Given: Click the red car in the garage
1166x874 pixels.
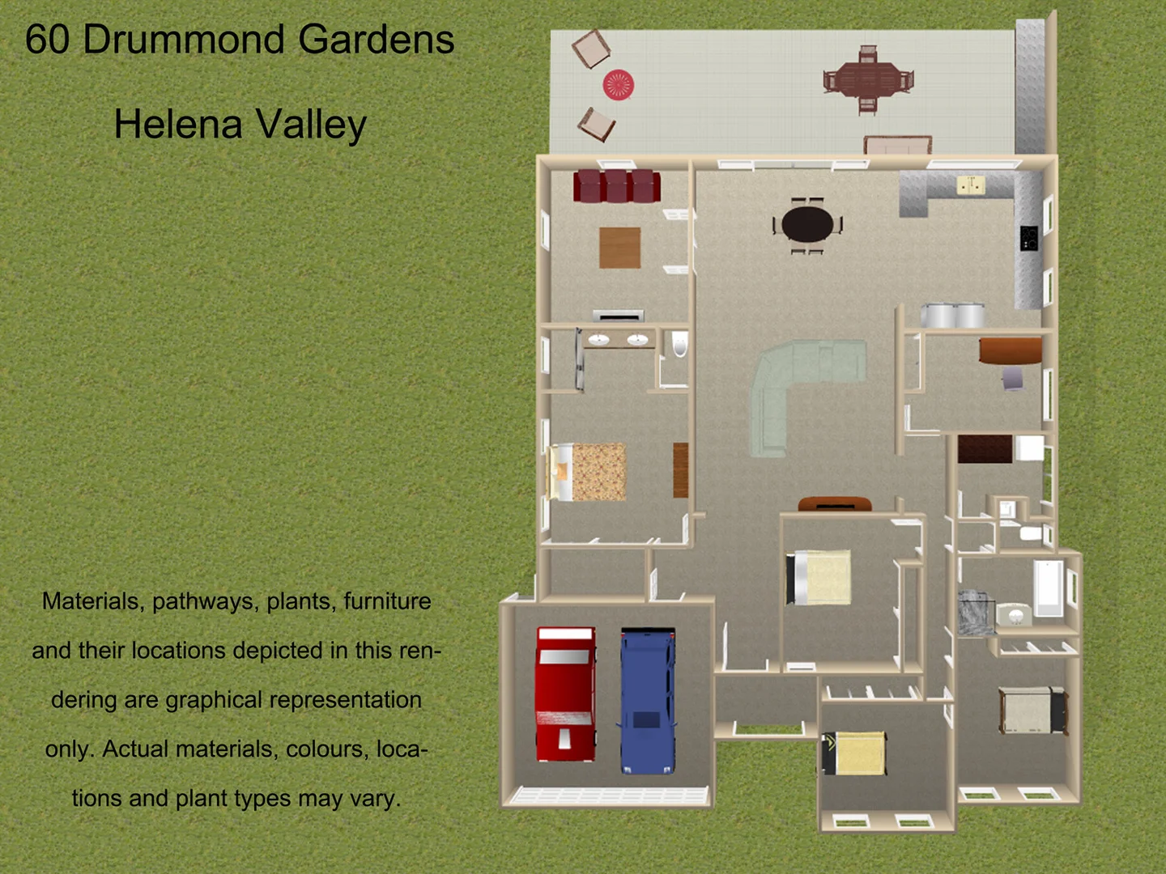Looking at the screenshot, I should pyautogui.click(x=566, y=694).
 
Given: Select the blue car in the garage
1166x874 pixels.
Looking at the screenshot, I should pyautogui.click(x=647, y=700).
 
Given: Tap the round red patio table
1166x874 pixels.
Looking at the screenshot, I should pyautogui.click(x=619, y=84).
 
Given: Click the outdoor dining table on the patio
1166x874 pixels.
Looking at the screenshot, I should pyautogui.click(x=868, y=80).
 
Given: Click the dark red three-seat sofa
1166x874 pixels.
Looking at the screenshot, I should pyautogui.click(x=617, y=186).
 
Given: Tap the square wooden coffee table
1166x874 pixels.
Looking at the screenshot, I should pyautogui.click(x=620, y=248).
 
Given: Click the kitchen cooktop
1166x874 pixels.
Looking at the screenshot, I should pyautogui.click(x=1028, y=237).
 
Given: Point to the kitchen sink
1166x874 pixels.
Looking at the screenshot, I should pyautogui.click(x=971, y=186).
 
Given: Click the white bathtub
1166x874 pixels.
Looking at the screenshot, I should pyautogui.click(x=1048, y=588).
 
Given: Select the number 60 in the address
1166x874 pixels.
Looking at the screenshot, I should pyautogui.click(x=47, y=39).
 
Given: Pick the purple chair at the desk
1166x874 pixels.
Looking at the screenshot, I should pyautogui.click(x=1012, y=378).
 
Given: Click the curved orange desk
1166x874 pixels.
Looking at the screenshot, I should pyautogui.click(x=1011, y=350).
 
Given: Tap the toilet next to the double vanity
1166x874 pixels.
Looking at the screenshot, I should pyautogui.click(x=679, y=346).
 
